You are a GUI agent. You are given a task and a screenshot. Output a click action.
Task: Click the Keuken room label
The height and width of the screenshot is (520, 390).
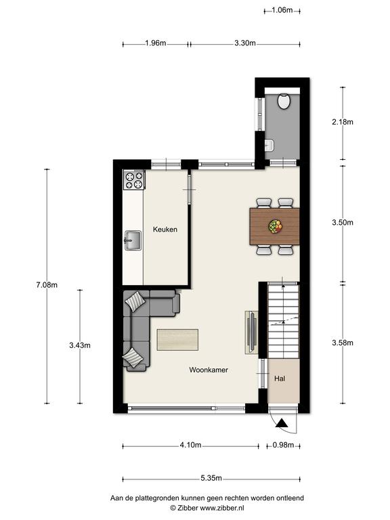click(165, 230)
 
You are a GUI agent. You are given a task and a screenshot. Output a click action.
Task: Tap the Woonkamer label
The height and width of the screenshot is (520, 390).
click(209, 370)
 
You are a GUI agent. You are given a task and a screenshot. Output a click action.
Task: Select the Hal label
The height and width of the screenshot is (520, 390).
click(280, 378)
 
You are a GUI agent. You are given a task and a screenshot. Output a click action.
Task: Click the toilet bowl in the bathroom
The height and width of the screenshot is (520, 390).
click(284, 102)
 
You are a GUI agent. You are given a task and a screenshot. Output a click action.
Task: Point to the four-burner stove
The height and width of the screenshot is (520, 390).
click(134, 179)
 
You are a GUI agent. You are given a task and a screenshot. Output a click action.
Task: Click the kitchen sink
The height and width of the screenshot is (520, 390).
click(133, 240)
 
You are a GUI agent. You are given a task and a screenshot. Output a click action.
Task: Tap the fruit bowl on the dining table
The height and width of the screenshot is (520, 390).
click(275, 226)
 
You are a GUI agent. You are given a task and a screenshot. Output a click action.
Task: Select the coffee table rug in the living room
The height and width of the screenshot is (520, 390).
click(178, 340)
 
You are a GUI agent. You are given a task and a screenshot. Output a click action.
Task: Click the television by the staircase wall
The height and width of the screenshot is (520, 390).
click(253, 332)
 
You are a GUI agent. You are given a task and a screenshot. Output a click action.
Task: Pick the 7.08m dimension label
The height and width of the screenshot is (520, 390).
click(47, 285)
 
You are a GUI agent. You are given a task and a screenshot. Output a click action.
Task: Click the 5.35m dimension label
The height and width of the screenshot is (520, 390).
click(211, 478)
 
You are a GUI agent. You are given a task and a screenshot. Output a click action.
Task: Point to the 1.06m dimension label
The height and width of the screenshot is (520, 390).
click(282, 10)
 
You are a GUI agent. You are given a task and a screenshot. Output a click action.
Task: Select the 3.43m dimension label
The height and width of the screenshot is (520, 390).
click(80, 345)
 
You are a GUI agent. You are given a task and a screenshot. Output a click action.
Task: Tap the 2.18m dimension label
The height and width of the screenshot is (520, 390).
click(343, 122)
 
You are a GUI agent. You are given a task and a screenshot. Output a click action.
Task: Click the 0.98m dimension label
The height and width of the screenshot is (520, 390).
click(283, 445)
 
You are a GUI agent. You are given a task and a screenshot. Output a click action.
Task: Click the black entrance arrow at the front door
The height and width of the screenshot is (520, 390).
click(281, 423)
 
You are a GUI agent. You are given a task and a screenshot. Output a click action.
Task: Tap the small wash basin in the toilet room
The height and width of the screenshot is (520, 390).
click(269, 146)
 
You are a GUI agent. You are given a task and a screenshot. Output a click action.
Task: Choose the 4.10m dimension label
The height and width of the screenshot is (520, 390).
click(191, 445)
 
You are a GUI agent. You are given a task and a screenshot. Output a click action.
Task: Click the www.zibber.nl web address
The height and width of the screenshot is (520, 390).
click(222, 508)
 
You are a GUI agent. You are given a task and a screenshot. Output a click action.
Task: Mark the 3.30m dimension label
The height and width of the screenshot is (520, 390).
click(245, 43)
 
